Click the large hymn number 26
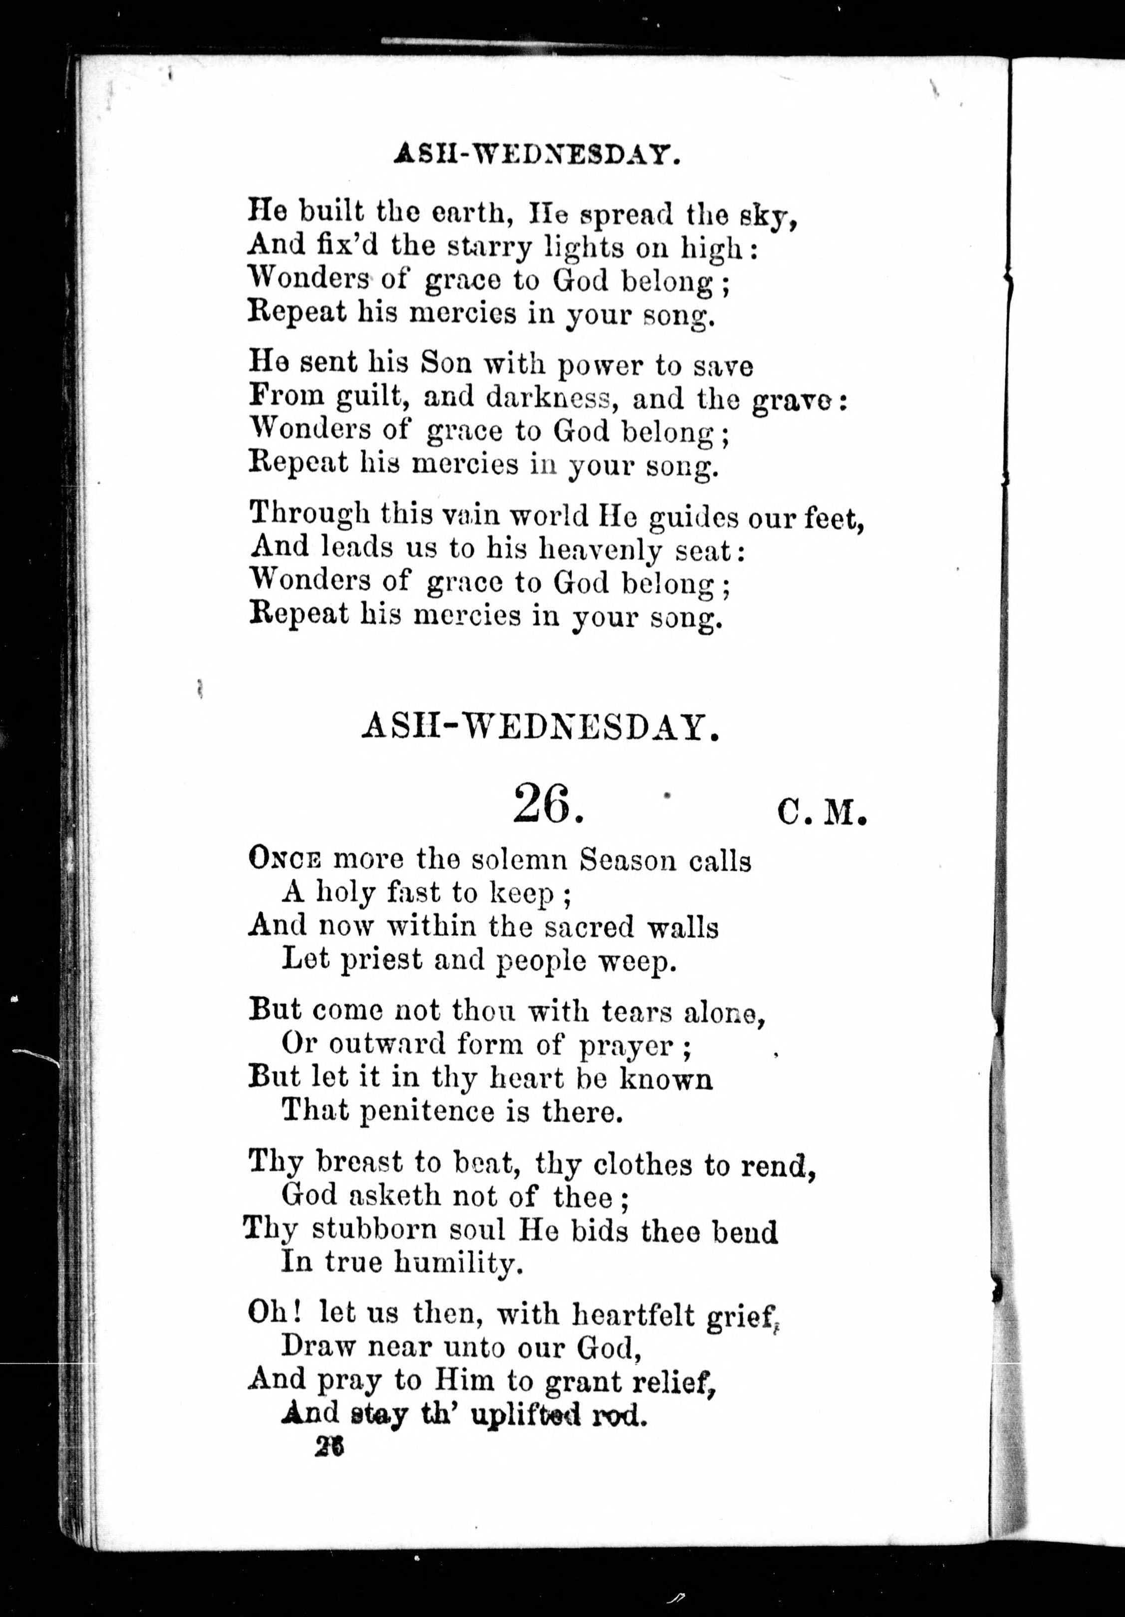pos(548,805)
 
